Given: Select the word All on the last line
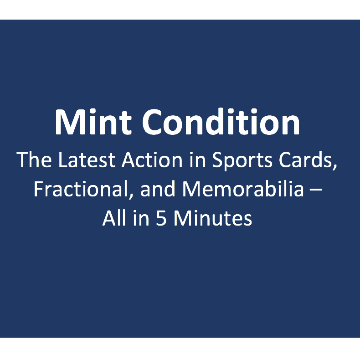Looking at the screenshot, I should coord(113,219).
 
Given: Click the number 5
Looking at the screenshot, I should coord(161,219).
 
